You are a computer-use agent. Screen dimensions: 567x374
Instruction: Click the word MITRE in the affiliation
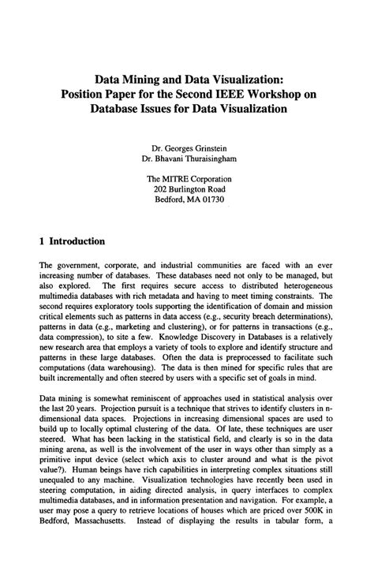(x=181, y=178)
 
